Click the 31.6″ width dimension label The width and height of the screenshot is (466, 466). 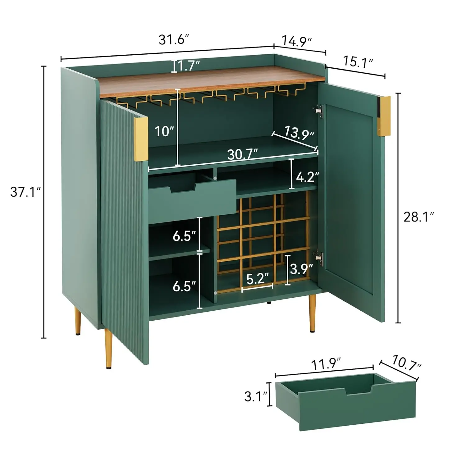[x=174, y=39]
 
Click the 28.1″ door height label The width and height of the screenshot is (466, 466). [x=418, y=217]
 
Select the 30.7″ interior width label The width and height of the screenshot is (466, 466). [x=243, y=154]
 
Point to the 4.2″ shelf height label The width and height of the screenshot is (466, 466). [x=307, y=177]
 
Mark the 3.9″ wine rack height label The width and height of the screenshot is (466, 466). [x=301, y=269]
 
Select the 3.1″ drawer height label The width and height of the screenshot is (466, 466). [x=256, y=396]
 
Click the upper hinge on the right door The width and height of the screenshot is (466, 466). [x=318, y=111]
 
